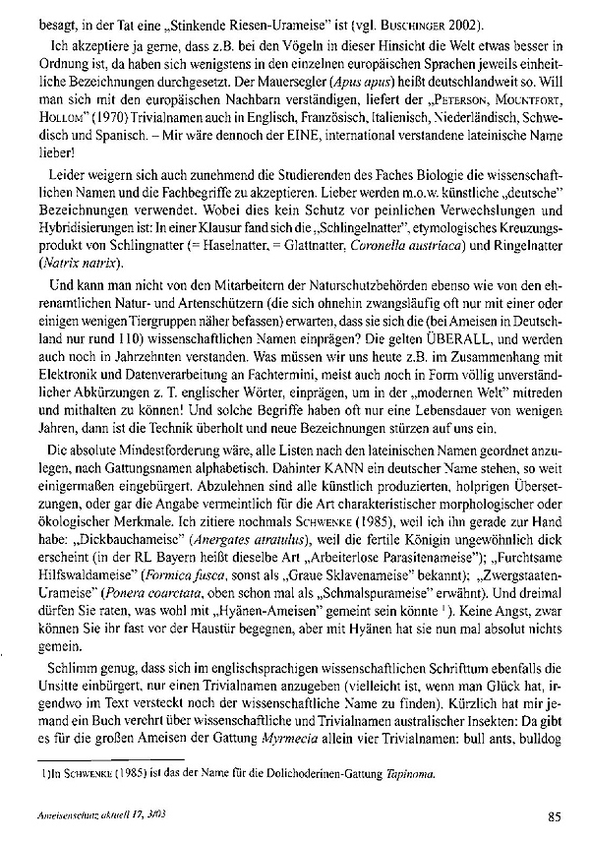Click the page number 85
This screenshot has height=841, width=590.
pyautogui.click(x=553, y=814)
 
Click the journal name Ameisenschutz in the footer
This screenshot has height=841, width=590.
pyautogui.click(x=65, y=815)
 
